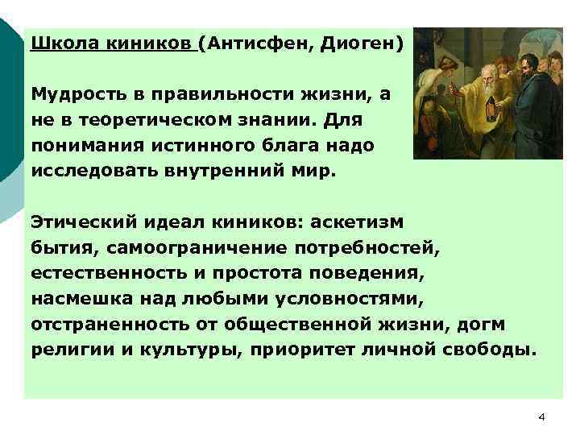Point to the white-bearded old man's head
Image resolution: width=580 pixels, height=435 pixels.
click(x=481, y=72)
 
